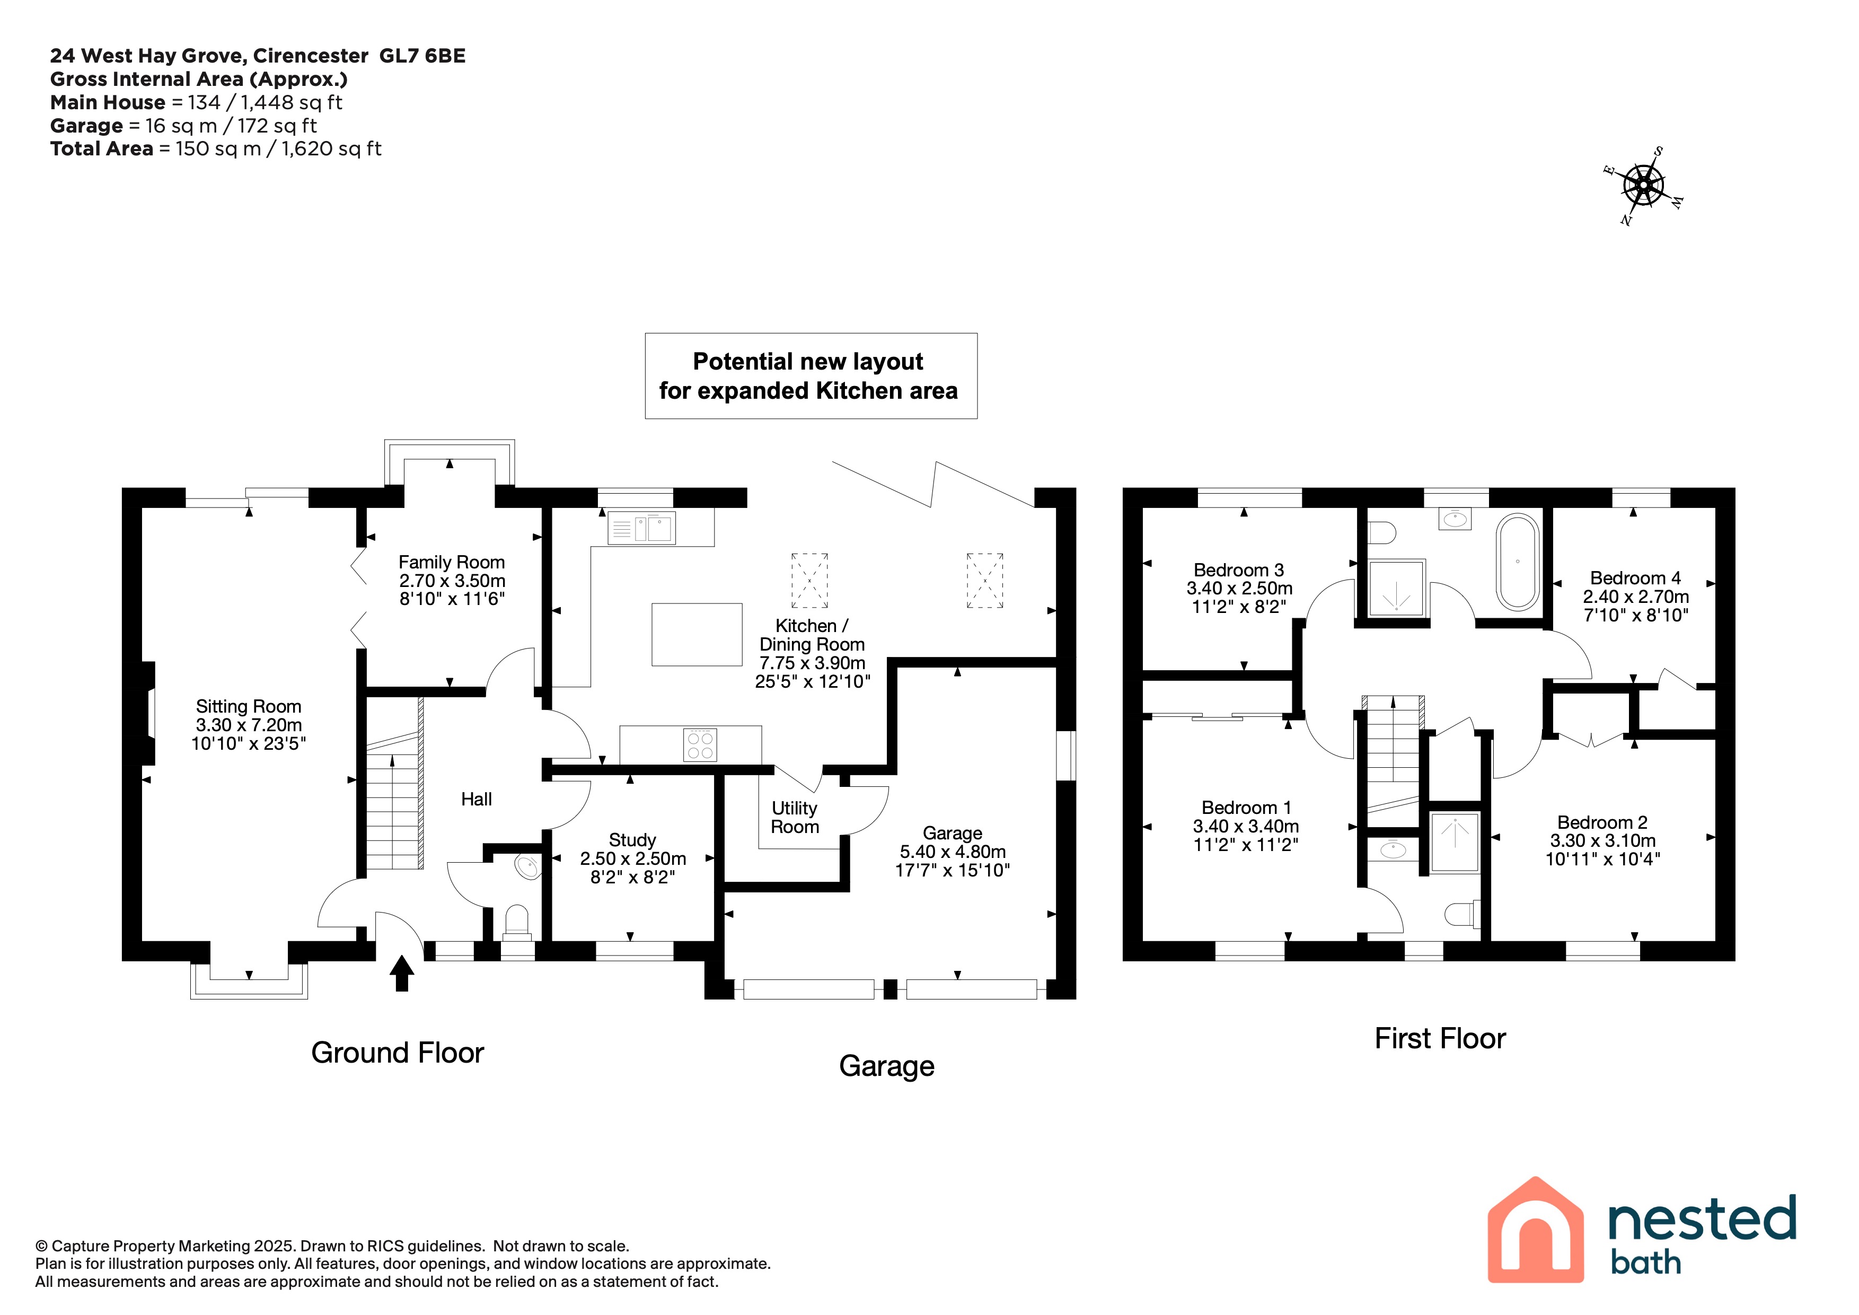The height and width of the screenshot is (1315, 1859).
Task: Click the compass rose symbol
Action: point(1644,186)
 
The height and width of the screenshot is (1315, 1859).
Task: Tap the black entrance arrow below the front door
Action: point(402,974)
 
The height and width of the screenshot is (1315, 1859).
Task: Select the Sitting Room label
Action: point(249,707)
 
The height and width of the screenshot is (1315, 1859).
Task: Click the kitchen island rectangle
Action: point(697,635)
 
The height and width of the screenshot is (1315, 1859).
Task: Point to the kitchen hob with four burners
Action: point(700,745)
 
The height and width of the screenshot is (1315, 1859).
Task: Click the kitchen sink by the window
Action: point(641,528)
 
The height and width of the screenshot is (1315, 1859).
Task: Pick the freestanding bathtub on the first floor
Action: point(1517,562)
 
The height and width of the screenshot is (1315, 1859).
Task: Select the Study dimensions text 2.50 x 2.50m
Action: point(633,858)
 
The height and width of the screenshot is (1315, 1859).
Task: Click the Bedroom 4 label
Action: point(1635,578)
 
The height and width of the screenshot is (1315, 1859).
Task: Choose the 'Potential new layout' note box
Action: point(811,376)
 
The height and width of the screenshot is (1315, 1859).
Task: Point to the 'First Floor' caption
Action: point(1440,1039)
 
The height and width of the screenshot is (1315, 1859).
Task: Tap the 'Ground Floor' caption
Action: point(398,1053)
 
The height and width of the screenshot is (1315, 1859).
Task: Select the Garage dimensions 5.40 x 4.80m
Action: point(953,852)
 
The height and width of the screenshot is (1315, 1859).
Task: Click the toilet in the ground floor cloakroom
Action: point(517,922)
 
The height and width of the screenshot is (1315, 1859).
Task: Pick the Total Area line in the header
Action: point(215,149)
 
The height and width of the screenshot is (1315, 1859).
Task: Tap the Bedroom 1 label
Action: point(1246,808)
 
